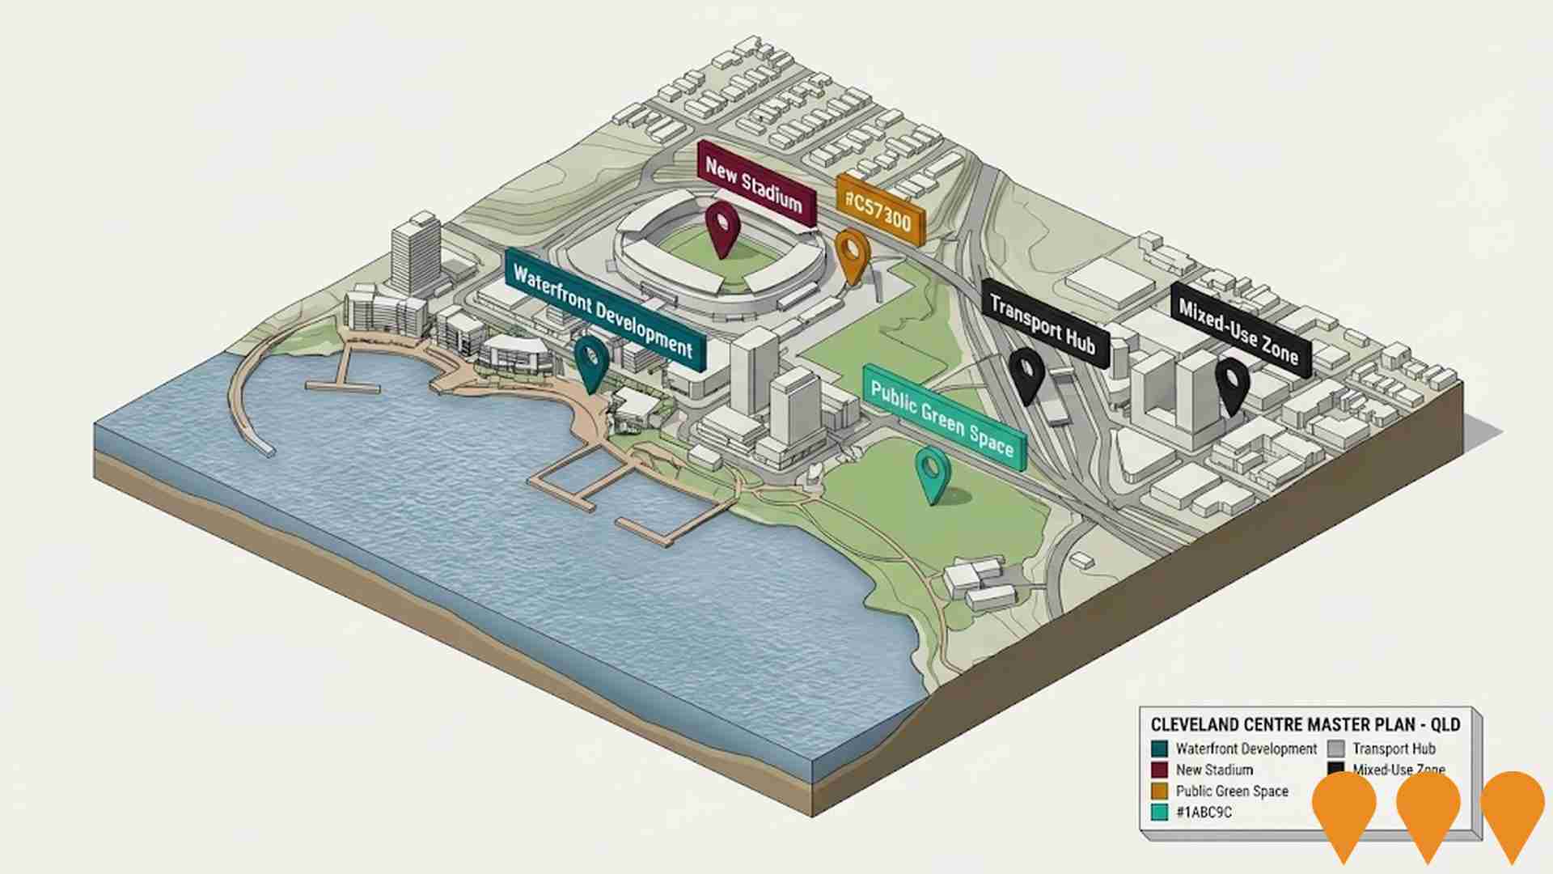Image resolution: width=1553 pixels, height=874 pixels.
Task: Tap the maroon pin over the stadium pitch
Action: tap(721, 227)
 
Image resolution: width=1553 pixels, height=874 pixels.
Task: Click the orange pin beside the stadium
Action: tap(850, 252)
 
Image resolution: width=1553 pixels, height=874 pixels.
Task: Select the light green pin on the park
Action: tap(932, 472)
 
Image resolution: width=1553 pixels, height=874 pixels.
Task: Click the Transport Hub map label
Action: tap(1042, 325)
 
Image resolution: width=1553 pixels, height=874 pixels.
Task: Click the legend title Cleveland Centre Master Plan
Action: tap(1305, 725)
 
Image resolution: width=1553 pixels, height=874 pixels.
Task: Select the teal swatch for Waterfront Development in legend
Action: tap(1160, 749)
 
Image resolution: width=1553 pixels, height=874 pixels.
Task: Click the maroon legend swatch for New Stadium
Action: tap(1160, 770)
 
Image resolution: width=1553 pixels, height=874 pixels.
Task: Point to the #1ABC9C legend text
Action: tap(1204, 812)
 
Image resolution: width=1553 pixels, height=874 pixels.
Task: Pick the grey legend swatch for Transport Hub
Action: tap(1335, 749)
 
